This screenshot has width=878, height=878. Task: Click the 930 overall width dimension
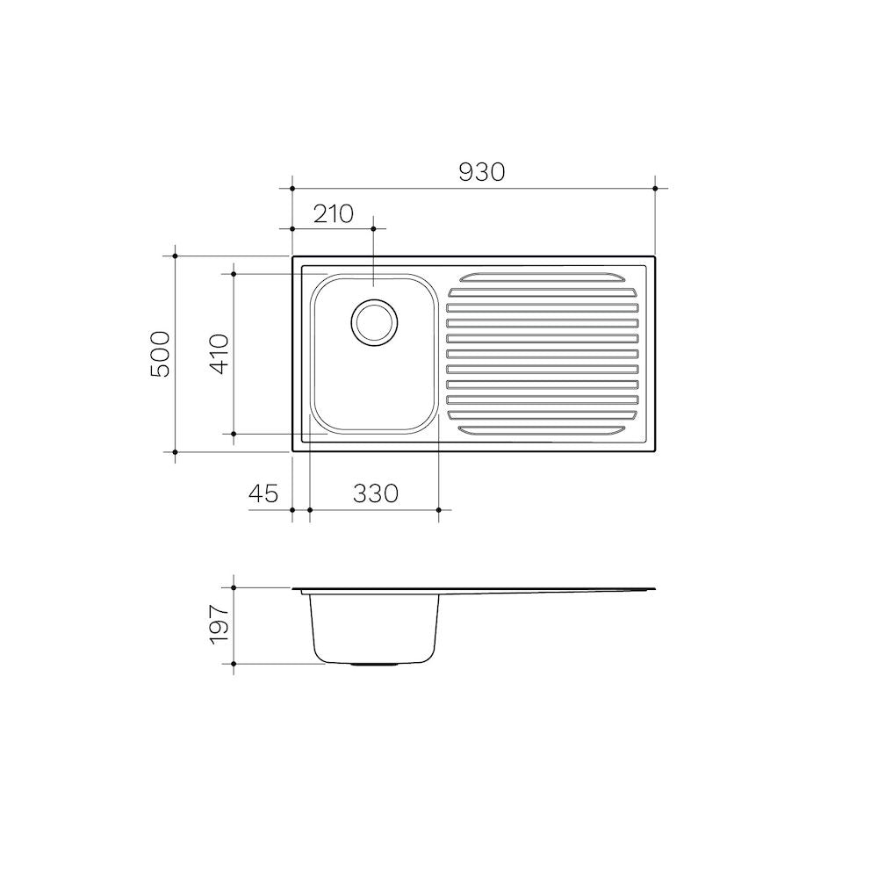click(x=481, y=172)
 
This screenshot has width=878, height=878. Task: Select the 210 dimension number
click(x=333, y=214)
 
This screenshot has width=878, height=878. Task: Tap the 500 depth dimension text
click(x=161, y=354)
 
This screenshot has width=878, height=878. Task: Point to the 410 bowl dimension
click(x=219, y=354)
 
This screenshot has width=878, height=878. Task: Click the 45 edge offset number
click(x=263, y=493)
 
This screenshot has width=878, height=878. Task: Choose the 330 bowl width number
click(x=376, y=493)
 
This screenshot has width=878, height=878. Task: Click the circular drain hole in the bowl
click(x=375, y=322)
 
